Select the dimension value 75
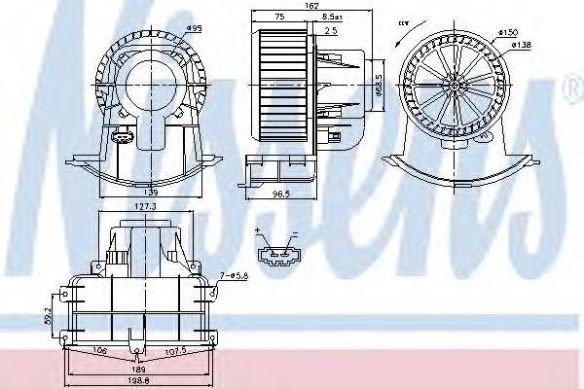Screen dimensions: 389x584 click(278, 17)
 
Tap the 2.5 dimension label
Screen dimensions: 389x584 click(330, 30)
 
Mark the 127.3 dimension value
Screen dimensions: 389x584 click(145, 207)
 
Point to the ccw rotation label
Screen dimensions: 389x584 click(402, 21)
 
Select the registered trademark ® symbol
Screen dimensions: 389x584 click(572, 91)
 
